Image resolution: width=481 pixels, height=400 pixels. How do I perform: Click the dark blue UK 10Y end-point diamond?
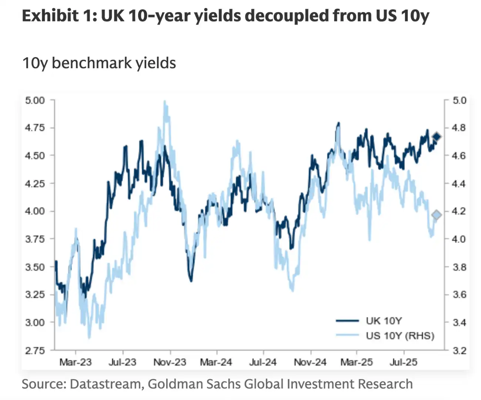(437, 137)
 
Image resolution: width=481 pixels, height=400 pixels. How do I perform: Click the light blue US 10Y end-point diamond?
(437, 215)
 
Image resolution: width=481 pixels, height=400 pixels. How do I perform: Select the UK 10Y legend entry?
(384, 321)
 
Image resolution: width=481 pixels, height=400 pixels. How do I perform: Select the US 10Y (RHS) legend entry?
(400, 336)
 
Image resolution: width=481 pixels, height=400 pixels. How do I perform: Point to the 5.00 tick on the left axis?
(35, 100)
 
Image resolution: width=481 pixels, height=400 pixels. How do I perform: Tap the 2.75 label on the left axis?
(35, 350)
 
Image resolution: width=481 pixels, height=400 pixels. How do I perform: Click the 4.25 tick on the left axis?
(35, 184)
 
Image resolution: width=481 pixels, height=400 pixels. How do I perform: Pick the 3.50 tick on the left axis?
(35, 267)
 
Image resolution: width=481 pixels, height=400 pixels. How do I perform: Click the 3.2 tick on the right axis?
(460, 350)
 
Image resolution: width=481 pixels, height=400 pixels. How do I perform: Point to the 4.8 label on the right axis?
(460, 128)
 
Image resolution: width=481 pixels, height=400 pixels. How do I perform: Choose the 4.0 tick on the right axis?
(460, 239)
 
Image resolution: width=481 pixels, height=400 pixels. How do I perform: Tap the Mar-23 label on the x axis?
(76, 362)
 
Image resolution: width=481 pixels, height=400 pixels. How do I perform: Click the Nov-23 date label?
(170, 362)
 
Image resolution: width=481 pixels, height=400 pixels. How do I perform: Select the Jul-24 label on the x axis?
(263, 362)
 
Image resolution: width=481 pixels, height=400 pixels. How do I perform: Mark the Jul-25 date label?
(403, 362)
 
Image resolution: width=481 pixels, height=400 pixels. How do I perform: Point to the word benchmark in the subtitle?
(92, 63)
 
